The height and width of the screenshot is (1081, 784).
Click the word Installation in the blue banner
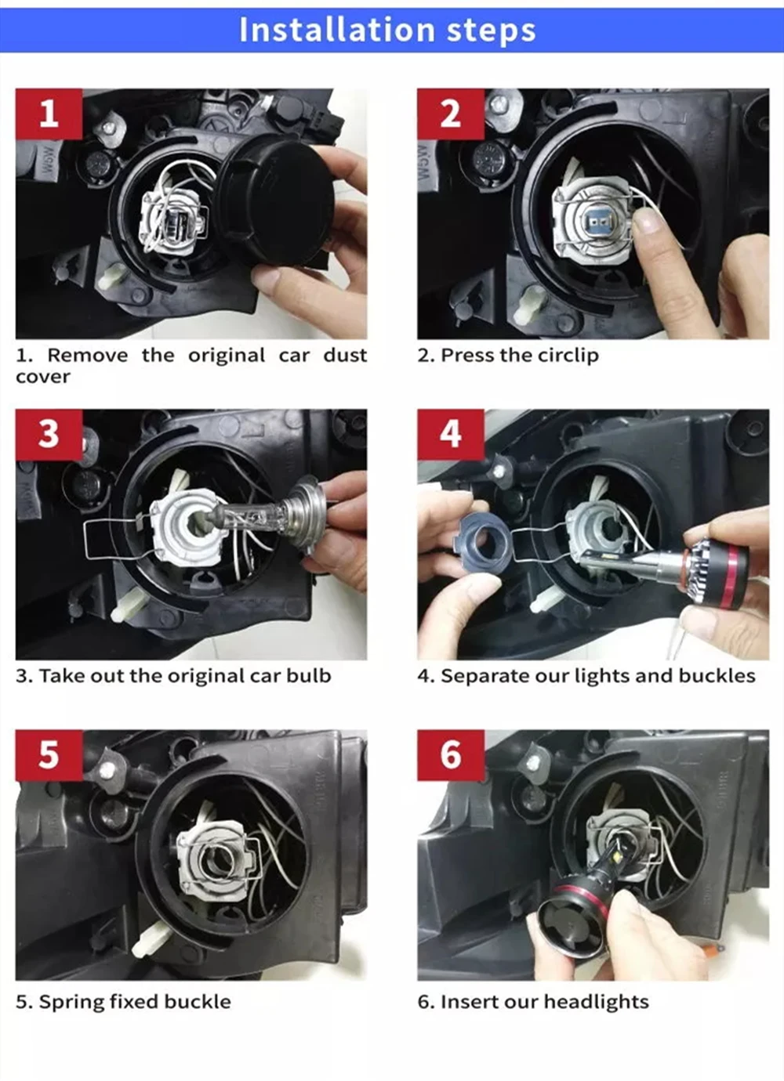tap(337, 30)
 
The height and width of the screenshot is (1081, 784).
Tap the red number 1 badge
tap(49, 114)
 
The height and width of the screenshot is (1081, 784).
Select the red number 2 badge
tap(451, 114)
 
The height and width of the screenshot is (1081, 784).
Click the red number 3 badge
tap(49, 434)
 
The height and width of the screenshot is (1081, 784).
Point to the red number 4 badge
tap(451, 434)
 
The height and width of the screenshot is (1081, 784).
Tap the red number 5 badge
tap(49, 755)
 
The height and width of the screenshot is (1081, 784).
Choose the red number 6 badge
tap(451, 755)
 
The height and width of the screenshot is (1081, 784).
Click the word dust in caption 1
tap(345, 356)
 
